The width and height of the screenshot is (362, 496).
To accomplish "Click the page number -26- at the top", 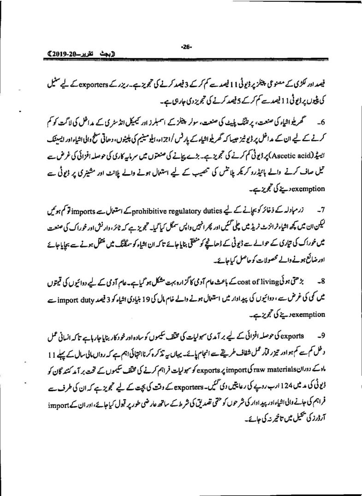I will pos(186,46).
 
